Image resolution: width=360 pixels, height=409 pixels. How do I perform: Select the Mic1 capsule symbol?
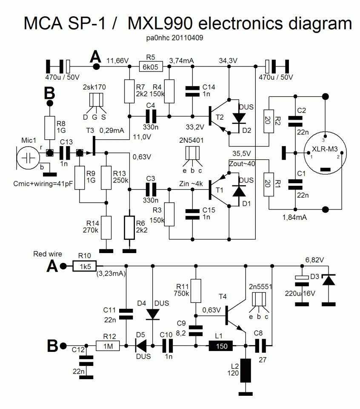point(28,157)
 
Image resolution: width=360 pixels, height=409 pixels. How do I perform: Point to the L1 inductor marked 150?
point(220,346)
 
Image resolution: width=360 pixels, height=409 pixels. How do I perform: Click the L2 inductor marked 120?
point(246,371)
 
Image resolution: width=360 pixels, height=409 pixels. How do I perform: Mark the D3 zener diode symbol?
point(328,281)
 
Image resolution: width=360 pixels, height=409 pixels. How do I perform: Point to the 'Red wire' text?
point(47,254)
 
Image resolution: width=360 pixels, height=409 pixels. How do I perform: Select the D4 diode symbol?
point(153,314)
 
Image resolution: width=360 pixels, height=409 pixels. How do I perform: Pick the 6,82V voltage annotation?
point(314,259)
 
